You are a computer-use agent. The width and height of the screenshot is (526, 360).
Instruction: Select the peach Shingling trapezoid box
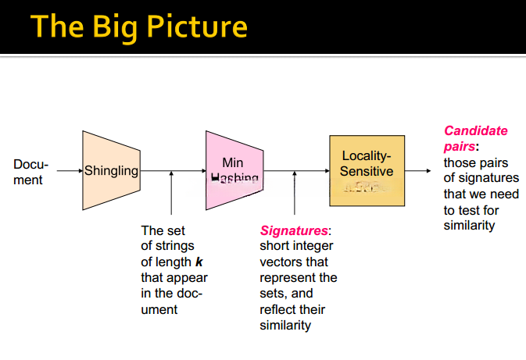point(111,171)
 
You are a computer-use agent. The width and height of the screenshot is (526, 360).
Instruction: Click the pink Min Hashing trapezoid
point(234,170)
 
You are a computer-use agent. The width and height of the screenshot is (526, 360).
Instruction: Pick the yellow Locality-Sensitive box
point(367,170)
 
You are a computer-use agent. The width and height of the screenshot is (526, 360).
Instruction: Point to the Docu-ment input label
point(30,173)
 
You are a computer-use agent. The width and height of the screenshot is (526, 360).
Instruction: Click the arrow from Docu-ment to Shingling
point(67,171)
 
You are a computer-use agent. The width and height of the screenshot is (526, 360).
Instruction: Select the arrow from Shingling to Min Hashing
point(173,171)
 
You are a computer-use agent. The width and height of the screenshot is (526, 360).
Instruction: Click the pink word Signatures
point(294,231)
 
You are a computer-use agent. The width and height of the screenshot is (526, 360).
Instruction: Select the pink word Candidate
point(475,130)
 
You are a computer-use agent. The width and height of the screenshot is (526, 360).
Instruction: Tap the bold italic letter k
point(199,262)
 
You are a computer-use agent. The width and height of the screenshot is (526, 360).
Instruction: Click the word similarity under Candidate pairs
point(469,226)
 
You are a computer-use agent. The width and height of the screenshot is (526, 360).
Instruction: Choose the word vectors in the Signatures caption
point(281,262)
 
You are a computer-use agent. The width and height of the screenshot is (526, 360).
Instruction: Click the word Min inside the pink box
point(233,162)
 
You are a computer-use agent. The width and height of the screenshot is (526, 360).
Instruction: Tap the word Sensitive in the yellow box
point(367,171)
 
